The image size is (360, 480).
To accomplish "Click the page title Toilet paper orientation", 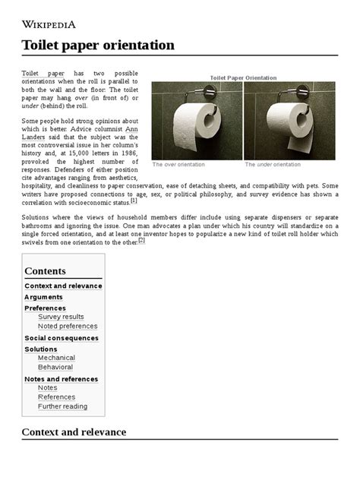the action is point(98,45).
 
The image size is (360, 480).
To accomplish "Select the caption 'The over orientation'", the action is point(178,164).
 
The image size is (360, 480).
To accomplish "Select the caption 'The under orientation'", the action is point(272,164).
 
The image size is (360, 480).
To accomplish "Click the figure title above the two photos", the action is point(243,77).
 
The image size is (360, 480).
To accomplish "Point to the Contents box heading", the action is point(45,271).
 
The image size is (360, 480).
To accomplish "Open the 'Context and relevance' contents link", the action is point(63,286).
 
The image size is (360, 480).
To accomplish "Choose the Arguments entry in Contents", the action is point(43,297).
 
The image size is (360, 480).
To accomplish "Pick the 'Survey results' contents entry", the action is point(61,317).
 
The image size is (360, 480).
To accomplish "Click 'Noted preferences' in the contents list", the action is point(68,327).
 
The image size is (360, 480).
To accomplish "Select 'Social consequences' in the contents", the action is point(62,338).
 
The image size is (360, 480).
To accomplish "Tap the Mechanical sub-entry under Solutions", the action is point(56,358).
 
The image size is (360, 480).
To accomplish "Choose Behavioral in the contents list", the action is point(55,368).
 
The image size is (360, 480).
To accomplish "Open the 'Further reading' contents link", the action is point(62,406).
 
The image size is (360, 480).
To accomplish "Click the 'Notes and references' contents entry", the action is point(61,379).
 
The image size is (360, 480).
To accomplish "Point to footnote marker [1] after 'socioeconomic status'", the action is point(134,201).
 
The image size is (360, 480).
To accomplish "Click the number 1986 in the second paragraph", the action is point(128,152).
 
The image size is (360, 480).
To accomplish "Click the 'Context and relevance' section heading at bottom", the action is point(74,432).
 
